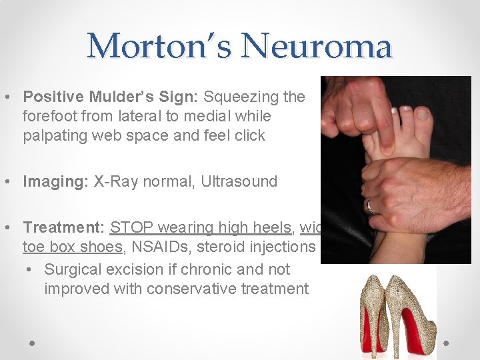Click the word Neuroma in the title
(317, 46)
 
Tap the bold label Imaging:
(52, 181)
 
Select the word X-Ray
(108, 181)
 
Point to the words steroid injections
(275, 247)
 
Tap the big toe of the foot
(423, 120)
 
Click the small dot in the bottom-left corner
(32, 343)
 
